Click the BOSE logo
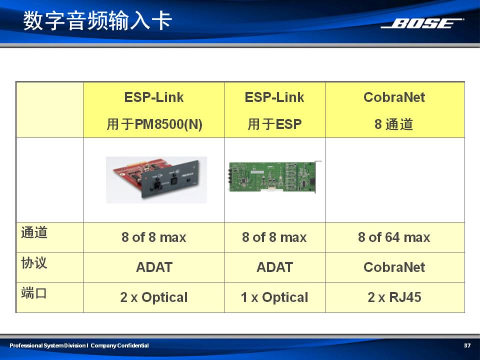422,23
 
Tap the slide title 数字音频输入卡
97,20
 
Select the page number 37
467,345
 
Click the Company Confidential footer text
119,345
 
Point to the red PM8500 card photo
156,179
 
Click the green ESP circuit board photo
275,177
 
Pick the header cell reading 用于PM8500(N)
154,124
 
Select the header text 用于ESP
274,124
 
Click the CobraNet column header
394,97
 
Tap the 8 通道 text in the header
393,124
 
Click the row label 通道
34,232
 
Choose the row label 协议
34,262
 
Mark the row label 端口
34,293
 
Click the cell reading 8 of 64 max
394,237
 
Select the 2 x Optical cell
154,297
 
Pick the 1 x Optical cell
274,297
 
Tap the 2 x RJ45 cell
394,297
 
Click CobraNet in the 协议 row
394,267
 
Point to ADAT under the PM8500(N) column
154,267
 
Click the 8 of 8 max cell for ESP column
274,237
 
